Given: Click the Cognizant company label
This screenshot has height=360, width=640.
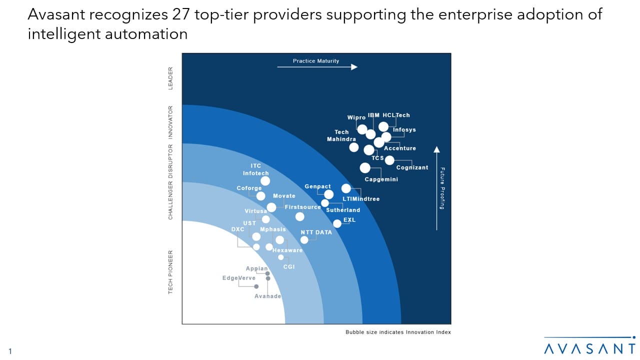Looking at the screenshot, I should (x=412, y=167).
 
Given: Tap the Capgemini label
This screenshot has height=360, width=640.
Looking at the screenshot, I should (x=381, y=179).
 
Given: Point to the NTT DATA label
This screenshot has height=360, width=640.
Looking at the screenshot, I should (x=316, y=232).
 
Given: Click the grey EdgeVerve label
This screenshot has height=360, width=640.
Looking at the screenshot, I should (x=239, y=278).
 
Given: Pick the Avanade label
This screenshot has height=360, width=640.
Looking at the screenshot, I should (x=267, y=296).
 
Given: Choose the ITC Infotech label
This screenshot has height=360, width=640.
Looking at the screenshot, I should (x=255, y=169).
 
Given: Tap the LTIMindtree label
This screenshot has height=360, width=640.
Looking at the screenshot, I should (x=361, y=199).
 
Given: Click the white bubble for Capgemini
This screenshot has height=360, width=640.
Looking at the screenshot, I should (x=365, y=168).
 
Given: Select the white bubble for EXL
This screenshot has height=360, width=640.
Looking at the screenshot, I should (x=337, y=223).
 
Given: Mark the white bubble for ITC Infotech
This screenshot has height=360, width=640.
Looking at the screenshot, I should (x=265, y=181).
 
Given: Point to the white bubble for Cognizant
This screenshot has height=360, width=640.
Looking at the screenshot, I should (x=389, y=160).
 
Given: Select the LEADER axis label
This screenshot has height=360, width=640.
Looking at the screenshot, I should (x=170, y=78).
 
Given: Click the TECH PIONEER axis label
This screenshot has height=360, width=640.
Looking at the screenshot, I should (x=170, y=271).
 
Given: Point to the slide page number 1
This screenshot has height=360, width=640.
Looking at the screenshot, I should (x=9, y=351).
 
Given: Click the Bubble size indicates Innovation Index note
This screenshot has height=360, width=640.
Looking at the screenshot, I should (x=398, y=332).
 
